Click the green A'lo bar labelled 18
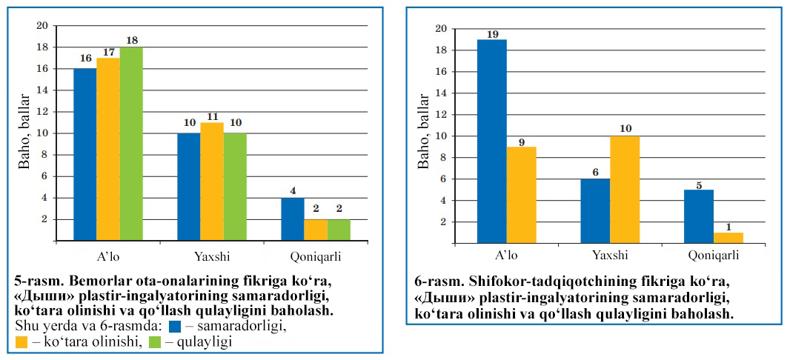(131, 144)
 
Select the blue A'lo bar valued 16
(85, 154)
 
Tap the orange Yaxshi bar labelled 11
(212, 181)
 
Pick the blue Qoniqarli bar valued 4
(293, 219)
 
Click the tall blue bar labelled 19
(491, 141)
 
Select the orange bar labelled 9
(521, 194)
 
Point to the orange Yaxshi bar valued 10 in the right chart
(625, 189)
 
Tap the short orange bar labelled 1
(728, 238)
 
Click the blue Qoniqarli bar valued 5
(698, 216)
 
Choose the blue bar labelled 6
(595, 210)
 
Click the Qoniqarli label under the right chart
(713, 256)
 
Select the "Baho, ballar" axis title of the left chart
(24, 133)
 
